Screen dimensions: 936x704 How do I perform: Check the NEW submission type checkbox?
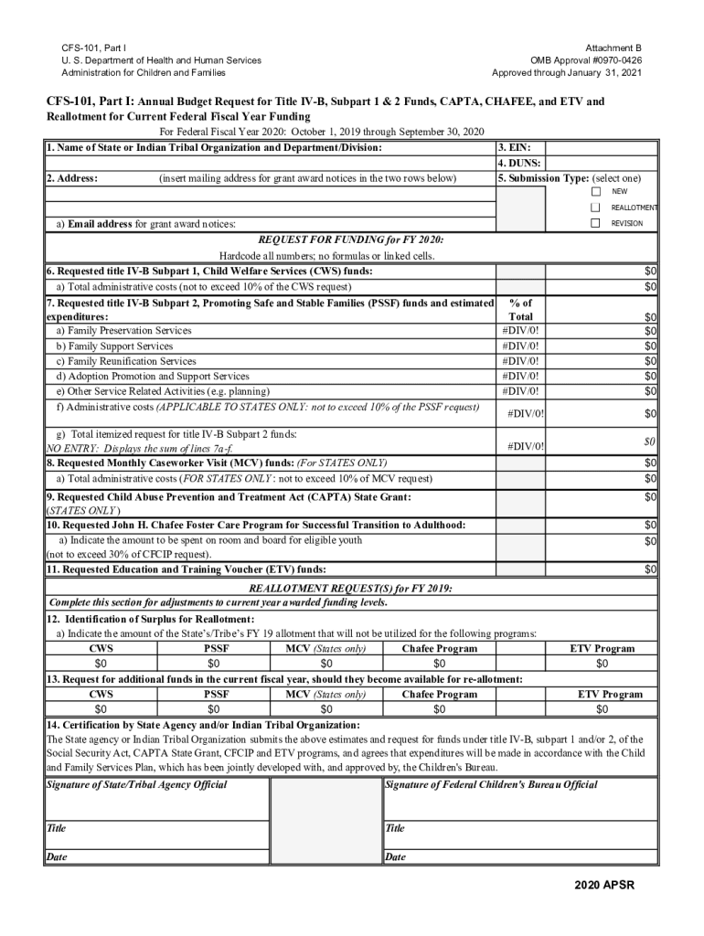coord(595,192)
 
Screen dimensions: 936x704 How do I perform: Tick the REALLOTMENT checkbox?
coord(595,207)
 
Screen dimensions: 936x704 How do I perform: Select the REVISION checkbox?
coord(595,223)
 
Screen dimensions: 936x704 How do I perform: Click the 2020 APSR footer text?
coord(603,885)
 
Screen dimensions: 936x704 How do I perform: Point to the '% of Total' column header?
coord(520,309)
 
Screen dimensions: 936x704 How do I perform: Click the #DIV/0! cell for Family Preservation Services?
coord(520,331)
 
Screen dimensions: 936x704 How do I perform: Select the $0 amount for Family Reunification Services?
coord(650,361)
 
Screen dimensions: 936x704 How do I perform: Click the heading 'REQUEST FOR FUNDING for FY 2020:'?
coord(351,239)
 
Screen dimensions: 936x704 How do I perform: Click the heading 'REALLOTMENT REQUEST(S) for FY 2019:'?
coord(351,588)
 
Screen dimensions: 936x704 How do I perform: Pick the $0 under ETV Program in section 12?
coord(602,664)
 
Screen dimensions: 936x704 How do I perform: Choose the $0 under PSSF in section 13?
coord(213,709)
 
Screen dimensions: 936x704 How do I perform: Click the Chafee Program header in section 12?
coord(439,648)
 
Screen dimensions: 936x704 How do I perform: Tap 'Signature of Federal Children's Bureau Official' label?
coord(491,785)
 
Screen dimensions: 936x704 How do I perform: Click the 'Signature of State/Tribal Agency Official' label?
coord(136,785)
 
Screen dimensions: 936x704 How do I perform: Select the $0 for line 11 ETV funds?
coord(650,570)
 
